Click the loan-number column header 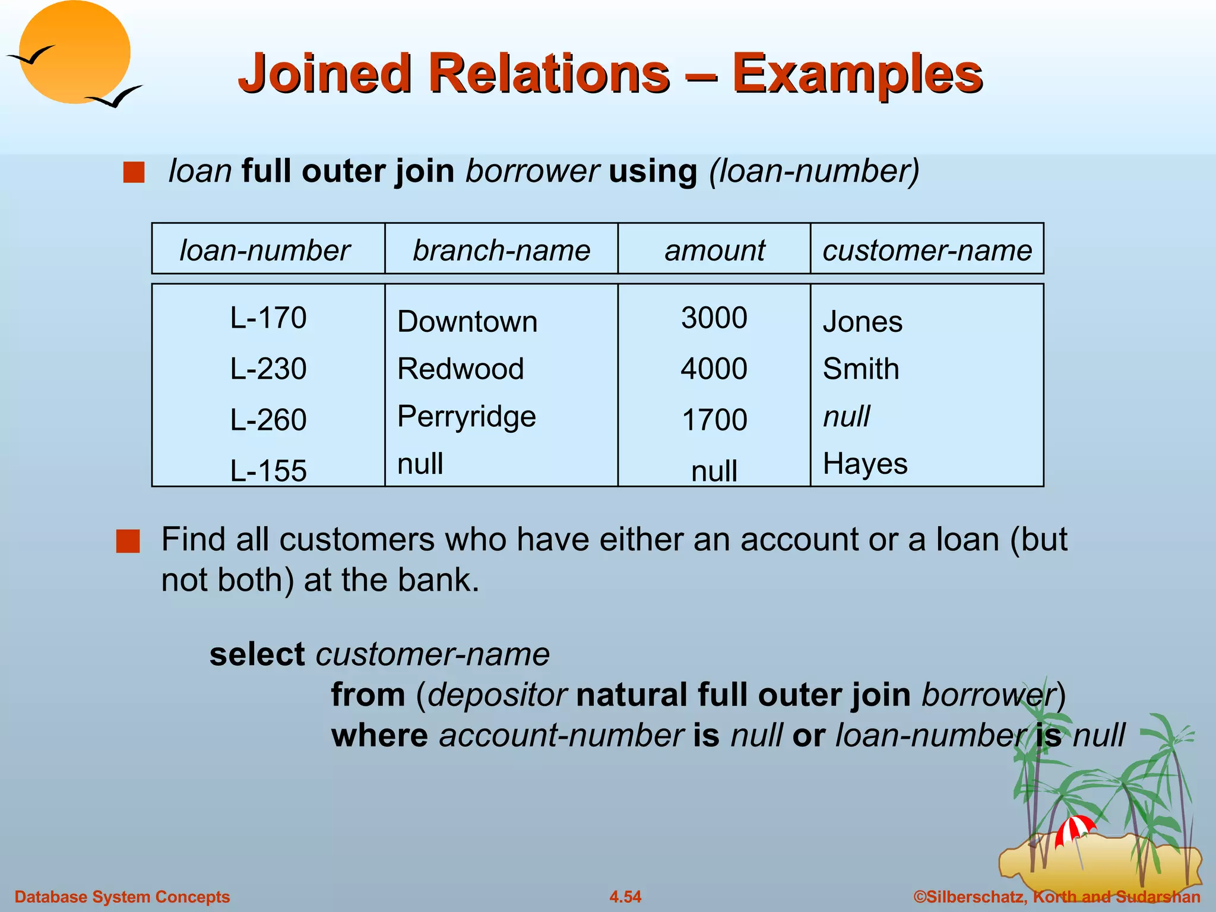(x=265, y=250)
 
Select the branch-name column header (x=502, y=250)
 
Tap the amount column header (x=715, y=250)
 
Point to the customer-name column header (x=927, y=250)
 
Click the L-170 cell (x=268, y=318)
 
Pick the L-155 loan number (x=268, y=471)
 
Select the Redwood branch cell (x=461, y=369)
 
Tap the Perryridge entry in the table (x=467, y=417)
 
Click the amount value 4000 (x=714, y=369)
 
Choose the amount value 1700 (x=714, y=420)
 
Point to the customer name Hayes (x=865, y=464)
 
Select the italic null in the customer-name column (x=847, y=416)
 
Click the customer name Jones (x=863, y=322)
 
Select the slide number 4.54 (x=625, y=897)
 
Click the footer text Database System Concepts (x=122, y=897)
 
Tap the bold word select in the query (x=257, y=654)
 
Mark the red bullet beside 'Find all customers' (x=128, y=541)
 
